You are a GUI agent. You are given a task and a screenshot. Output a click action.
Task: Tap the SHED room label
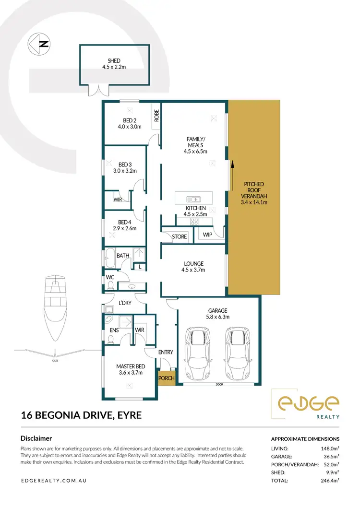(114, 61)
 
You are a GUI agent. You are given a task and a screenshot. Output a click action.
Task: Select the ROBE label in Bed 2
(156, 116)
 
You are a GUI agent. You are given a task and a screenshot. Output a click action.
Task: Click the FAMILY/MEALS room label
(195, 142)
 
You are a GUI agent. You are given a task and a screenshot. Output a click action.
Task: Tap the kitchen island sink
(194, 199)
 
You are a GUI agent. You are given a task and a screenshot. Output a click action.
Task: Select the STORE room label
(179, 236)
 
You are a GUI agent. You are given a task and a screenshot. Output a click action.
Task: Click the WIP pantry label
(207, 235)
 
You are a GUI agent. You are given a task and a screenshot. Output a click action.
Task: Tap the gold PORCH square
(167, 377)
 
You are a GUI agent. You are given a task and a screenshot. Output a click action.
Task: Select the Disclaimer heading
(36, 438)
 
